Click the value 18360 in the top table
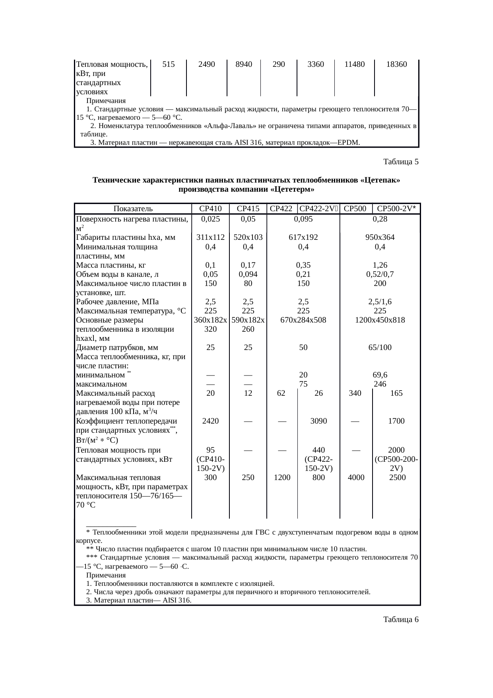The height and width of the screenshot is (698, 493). [396, 64]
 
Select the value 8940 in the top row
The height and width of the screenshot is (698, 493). [243, 64]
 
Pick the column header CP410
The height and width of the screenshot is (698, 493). [210, 208]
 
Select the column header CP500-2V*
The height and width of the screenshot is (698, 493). [396, 208]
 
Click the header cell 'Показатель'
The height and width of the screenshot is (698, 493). [133, 208]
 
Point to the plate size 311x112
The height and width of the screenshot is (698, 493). [210, 237]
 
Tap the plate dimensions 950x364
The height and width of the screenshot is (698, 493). [380, 237]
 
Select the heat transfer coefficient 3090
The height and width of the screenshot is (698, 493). [318, 421]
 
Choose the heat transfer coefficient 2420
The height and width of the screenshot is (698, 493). [210, 421]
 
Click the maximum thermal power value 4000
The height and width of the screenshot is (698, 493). [356, 477]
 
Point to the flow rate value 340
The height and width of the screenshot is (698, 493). [355, 393]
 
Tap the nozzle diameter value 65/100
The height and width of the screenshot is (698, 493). [380, 347]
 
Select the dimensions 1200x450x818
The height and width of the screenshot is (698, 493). [380, 320]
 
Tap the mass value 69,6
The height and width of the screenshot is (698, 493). [380, 375]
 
